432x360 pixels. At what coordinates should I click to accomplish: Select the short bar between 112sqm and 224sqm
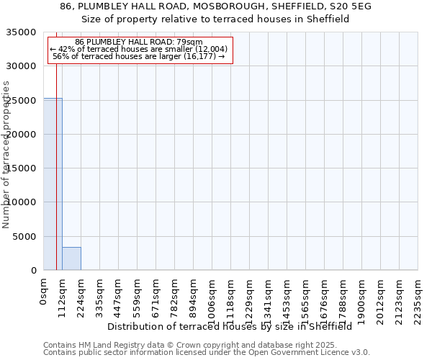pos(71,258)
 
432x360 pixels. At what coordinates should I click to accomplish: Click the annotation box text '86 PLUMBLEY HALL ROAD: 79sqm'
pos(139,42)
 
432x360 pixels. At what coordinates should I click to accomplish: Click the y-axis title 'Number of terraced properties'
pos(6,154)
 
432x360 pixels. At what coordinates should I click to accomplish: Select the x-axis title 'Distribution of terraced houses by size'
pos(234,326)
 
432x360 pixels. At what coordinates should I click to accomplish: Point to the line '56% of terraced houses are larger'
pos(140,56)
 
